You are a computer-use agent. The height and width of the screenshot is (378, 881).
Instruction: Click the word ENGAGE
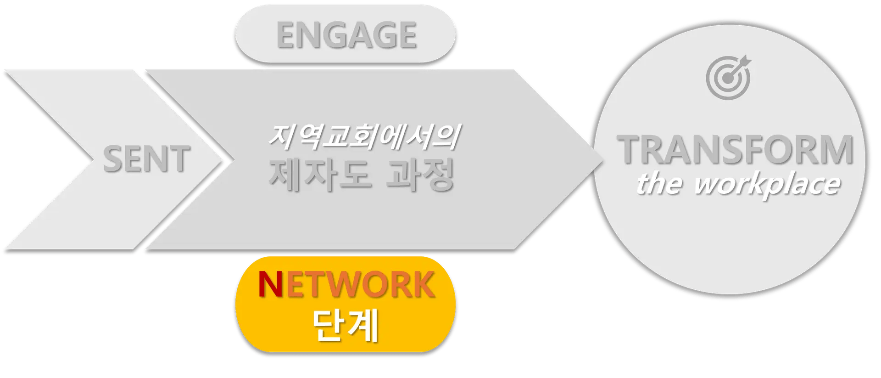click(x=346, y=35)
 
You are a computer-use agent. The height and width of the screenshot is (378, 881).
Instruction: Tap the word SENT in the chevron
click(x=147, y=159)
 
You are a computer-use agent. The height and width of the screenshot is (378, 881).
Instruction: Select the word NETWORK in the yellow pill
click(x=346, y=285)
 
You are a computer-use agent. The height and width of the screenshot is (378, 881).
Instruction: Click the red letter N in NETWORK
click(x=271, y=285)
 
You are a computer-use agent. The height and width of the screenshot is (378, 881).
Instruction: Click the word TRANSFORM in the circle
click(x=735, y=150)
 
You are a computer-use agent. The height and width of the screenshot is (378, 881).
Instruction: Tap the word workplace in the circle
click(x=767, y=185)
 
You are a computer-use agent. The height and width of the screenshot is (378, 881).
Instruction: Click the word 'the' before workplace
click(x=659, y=184)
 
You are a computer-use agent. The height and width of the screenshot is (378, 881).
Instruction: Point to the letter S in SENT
click(x=112, y=159)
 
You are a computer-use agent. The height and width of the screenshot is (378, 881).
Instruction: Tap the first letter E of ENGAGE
click(x=286, y=35)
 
